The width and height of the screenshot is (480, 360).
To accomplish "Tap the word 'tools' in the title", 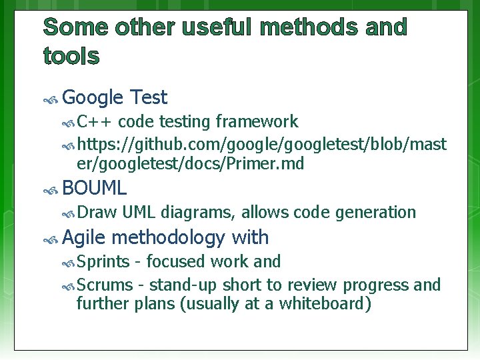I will (71, 57).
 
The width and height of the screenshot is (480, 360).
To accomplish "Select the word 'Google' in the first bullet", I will (93, 98).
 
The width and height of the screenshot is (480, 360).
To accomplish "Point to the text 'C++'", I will (95, 121).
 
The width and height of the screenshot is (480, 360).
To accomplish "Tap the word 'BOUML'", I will (94, 189).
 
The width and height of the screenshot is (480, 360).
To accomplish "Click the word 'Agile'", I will (84, 237).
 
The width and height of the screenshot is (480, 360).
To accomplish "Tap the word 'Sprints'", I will (103, 261).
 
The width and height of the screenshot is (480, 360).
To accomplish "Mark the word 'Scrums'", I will (105, 285).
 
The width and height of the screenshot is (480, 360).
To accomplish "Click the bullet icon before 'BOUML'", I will (50, 190).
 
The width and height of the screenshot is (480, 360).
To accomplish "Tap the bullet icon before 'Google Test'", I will (50, 99).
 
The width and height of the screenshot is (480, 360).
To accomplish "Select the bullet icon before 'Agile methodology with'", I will (50, 239).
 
